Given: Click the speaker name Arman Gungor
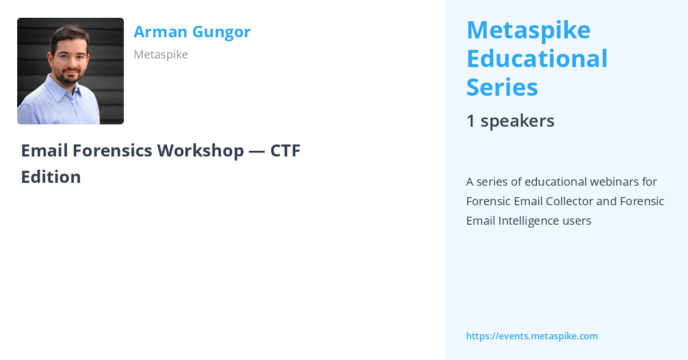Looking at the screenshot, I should point(192,32).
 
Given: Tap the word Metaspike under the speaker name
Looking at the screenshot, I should point(161,54).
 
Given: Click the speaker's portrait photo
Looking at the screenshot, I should point(71,71).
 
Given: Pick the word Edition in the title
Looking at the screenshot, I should point(50,177).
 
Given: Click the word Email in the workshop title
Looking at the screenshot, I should point(42,151).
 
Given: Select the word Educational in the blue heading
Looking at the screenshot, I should point(537,58).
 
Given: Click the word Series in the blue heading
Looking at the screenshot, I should point(502,88).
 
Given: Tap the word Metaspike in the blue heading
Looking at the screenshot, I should point(528,30).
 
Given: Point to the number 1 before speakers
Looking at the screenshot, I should point(471,121).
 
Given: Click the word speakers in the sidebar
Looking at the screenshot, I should point(517,121).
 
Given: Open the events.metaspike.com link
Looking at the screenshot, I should point(531,336).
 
